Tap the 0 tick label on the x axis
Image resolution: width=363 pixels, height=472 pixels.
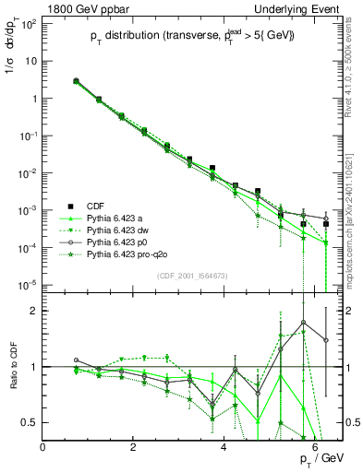click(x=43, y=448)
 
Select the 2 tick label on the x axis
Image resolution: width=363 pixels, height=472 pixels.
click(x=134, y=448)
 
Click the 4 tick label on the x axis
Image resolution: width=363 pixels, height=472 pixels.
click(x=224, y=448)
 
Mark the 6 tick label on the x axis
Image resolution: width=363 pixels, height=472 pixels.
click(x=315, y=448)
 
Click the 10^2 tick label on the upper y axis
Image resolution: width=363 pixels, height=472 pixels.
click(x=29, y=23)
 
